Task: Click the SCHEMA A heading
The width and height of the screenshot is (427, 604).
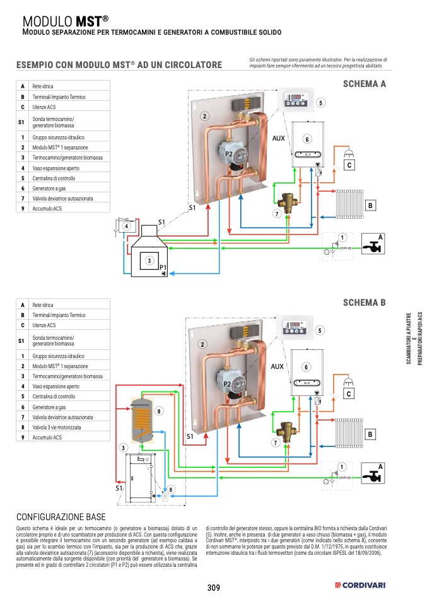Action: click(364, 84)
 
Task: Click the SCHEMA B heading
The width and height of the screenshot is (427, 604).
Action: click(364, 303)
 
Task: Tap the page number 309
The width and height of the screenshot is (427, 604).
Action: click(213, 588)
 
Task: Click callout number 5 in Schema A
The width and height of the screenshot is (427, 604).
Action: click(320, 102)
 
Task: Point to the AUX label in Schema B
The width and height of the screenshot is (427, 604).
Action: click(278, 366)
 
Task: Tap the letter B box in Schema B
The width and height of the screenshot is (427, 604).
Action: click(371, 434)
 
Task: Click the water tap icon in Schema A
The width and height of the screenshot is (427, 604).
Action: click(372, 246)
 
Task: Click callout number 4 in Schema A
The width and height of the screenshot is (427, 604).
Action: click(126, 226)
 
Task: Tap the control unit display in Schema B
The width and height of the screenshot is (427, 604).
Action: click(295, 327)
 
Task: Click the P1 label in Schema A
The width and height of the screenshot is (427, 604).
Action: click(163, 268)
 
